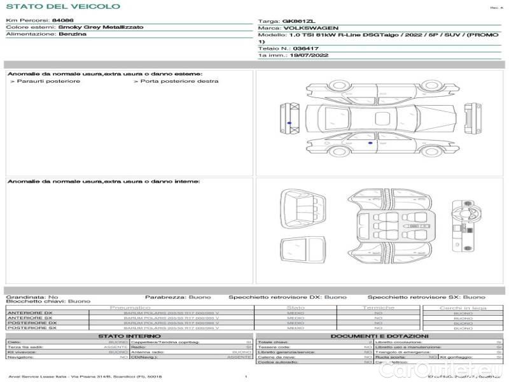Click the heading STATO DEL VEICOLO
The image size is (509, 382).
[x=62, y=6]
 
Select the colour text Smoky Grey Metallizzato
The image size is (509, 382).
[x=101, y=27]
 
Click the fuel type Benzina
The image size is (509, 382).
[x=73, y=34]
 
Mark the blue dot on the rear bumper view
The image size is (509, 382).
[x=289, y=122]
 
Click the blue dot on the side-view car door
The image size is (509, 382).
[x=370, y=145]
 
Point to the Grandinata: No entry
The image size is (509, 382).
[x=32, y=297]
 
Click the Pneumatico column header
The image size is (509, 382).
[x=130, y=308]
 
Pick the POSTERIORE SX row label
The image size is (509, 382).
[x=31, y=329]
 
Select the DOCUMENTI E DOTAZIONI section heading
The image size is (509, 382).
[x=379, y=336]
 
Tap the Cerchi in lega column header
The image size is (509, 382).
[x=463, y=308]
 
